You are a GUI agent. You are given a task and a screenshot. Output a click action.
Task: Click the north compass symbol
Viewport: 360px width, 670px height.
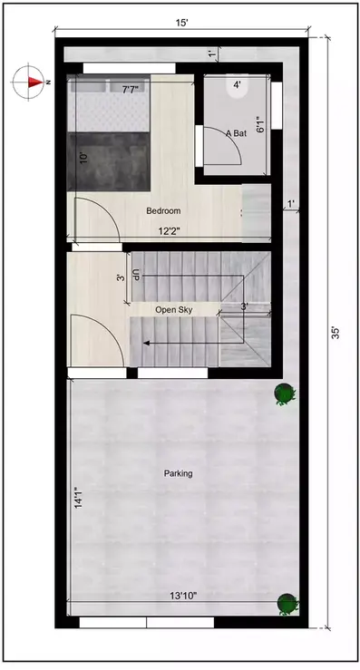click(30, 82)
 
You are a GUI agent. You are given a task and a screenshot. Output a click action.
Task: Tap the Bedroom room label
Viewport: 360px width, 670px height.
click(164, 211)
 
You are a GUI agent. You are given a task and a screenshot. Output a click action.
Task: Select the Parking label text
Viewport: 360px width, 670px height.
click(178, 473)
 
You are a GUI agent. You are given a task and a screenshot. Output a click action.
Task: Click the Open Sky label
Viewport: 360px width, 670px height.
click(173, 310)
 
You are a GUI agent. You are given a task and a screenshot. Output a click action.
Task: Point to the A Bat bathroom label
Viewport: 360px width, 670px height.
click(236, 133)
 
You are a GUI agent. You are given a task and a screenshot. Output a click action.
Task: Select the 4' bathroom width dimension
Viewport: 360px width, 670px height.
click(238, 85)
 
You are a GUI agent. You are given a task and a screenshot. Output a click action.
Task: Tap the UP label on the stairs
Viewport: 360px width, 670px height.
click(136, 274)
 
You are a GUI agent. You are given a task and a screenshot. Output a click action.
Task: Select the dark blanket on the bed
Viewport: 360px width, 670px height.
click(110, 159)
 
